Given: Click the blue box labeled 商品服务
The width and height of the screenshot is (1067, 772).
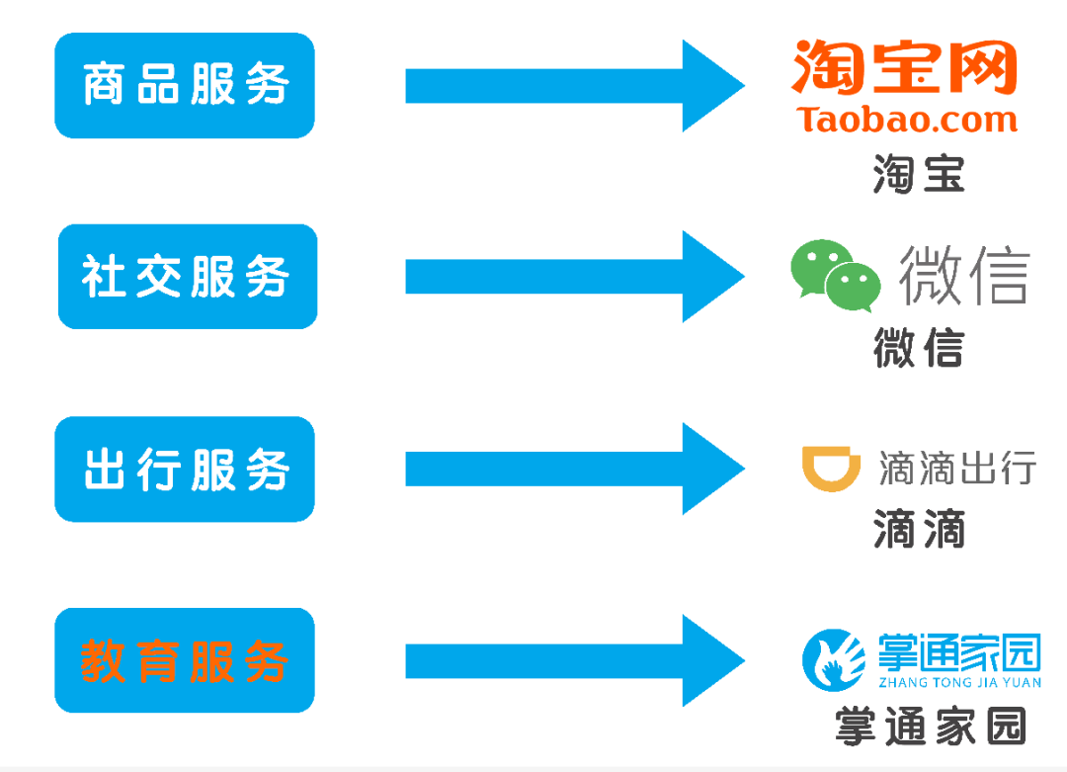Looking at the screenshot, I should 185,85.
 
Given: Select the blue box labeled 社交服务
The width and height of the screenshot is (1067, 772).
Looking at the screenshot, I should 188,277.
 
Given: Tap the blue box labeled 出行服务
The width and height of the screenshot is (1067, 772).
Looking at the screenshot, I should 185,470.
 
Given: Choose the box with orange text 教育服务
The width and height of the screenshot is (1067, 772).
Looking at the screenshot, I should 185,660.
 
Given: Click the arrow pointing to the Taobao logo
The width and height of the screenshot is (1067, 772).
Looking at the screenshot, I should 573,85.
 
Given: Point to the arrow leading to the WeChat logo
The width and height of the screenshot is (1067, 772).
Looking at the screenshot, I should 573,277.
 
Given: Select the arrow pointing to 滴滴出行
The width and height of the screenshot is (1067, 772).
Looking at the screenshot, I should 573,469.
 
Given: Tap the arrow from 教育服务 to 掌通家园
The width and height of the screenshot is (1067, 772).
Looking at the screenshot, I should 573,660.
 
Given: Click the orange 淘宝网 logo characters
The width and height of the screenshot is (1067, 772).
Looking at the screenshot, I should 904,67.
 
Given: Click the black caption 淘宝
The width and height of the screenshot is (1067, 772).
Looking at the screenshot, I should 918,175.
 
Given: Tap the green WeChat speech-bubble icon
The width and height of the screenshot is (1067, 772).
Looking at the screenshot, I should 835,276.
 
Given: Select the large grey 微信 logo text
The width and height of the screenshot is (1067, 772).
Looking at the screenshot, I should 963,274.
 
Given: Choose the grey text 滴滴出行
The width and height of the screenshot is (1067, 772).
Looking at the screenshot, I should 956,468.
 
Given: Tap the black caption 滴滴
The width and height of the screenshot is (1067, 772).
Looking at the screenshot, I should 918,531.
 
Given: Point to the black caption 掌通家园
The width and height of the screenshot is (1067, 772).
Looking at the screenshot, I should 930,726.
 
